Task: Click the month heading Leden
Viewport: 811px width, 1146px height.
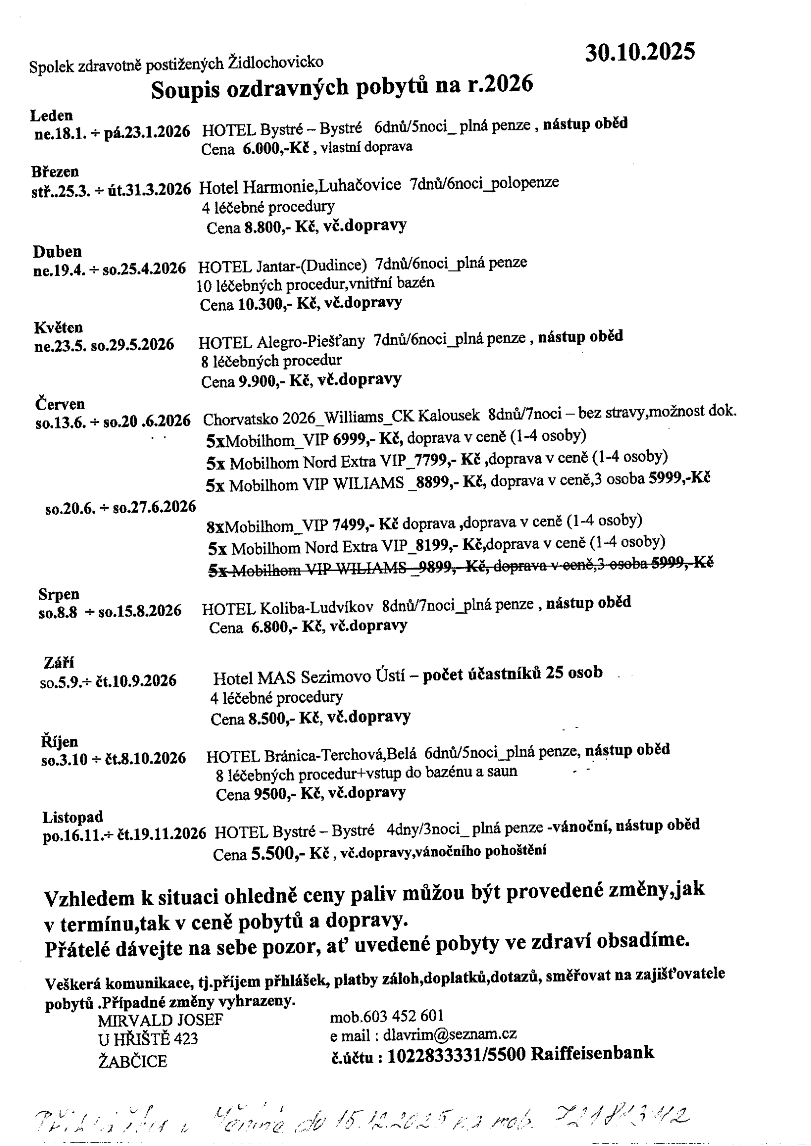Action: (51, 116)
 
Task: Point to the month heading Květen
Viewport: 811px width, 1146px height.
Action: (59, 328)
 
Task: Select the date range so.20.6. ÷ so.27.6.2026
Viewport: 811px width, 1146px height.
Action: (120, 508)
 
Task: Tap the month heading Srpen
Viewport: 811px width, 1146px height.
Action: (59, 594)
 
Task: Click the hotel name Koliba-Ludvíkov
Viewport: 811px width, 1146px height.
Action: (316, 607)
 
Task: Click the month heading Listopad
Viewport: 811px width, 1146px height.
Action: (72, 817)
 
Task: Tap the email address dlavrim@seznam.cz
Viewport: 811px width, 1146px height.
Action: (449, 1034)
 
